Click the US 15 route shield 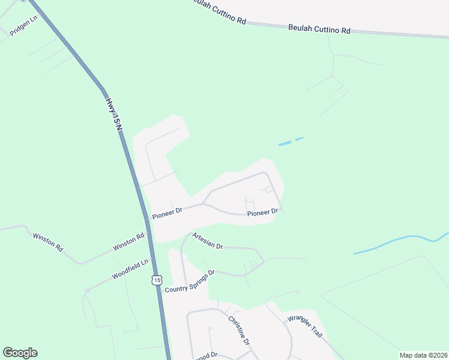click(157, 280)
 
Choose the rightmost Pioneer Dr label click(263, 212)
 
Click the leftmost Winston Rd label click(47, 242)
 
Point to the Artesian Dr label click(208, 242)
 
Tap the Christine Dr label click(238, 329)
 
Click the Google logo click(20, 353)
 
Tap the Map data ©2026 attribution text click(423, 355)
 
